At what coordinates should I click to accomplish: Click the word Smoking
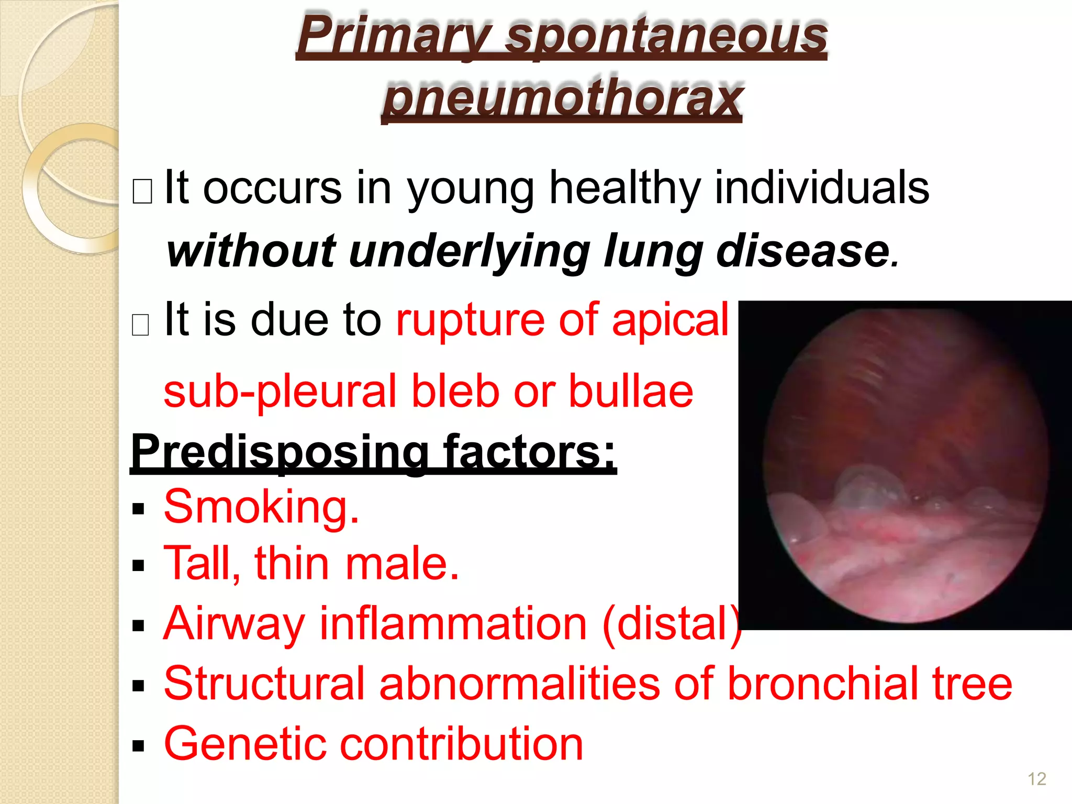click(261, 507)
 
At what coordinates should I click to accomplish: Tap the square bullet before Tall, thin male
click(138, 566)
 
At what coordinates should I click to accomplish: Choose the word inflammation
click(453, 624)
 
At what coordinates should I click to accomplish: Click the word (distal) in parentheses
click(672, 624)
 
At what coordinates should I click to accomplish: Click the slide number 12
click(1036, 779)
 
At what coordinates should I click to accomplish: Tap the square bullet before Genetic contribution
click(138, 746)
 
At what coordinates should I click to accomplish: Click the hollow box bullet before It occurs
click(142, 192)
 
